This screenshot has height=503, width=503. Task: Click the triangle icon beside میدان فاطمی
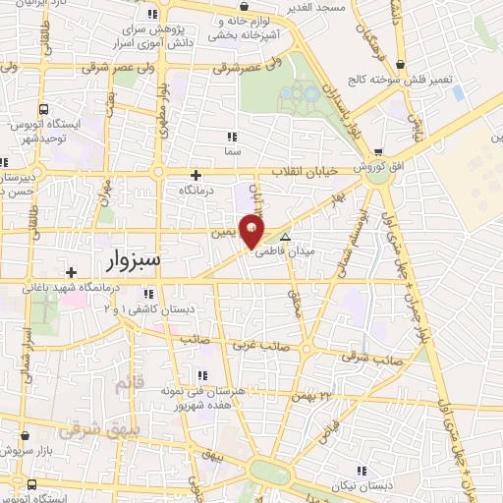coord(286,239)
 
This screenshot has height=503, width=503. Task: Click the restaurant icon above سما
coord(232,137)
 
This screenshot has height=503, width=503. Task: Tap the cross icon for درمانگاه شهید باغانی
coord(71,272)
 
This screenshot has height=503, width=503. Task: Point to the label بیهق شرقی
coord(86,429)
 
